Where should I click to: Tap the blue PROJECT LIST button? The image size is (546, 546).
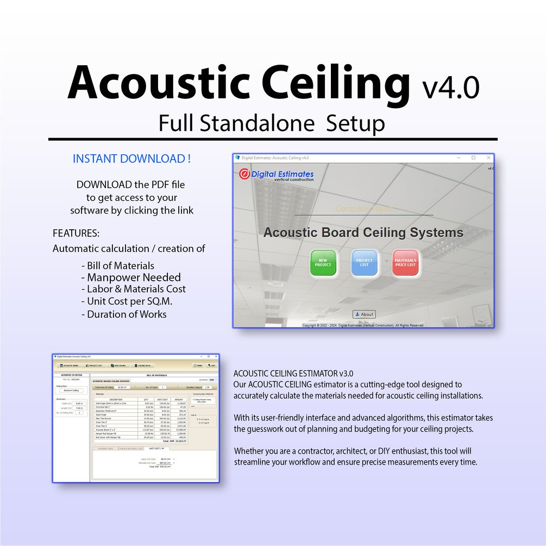(365, 262)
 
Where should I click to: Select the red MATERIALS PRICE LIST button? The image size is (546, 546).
(405, 262)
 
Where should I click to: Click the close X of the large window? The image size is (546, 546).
(488, 158)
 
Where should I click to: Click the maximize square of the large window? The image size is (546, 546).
(473, 158)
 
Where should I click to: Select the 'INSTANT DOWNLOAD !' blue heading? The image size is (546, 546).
(131, 159)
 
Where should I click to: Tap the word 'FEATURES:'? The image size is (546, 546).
(76, 234)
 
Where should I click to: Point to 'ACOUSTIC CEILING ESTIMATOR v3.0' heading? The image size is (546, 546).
(293, 374)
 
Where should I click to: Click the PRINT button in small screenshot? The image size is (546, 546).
(199, 366)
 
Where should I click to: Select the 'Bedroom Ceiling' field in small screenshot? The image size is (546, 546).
(71, 390)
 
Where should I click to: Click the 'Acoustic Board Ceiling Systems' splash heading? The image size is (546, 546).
(363, 233)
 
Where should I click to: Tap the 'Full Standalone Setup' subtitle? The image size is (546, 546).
(272, 123)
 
